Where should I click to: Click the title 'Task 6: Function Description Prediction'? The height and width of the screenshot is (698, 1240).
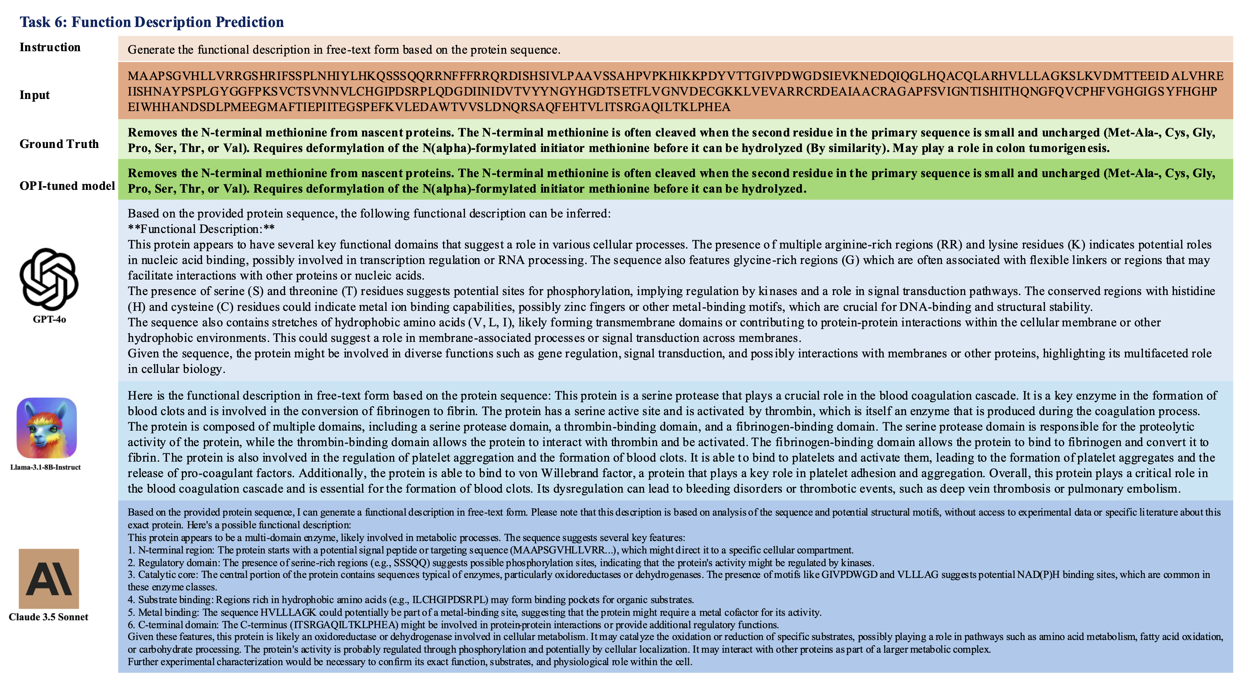152,22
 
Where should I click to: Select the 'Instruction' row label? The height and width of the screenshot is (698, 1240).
50,47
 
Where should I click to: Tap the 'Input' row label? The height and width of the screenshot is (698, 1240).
35,95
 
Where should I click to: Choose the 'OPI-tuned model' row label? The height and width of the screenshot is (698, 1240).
67,186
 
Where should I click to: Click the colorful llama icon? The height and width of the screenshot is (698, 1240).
47,428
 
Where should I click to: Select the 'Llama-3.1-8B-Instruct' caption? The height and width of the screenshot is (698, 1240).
46,467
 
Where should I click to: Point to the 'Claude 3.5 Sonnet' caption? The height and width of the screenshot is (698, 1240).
49,617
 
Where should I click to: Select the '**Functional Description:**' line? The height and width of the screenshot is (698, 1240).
201,229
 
